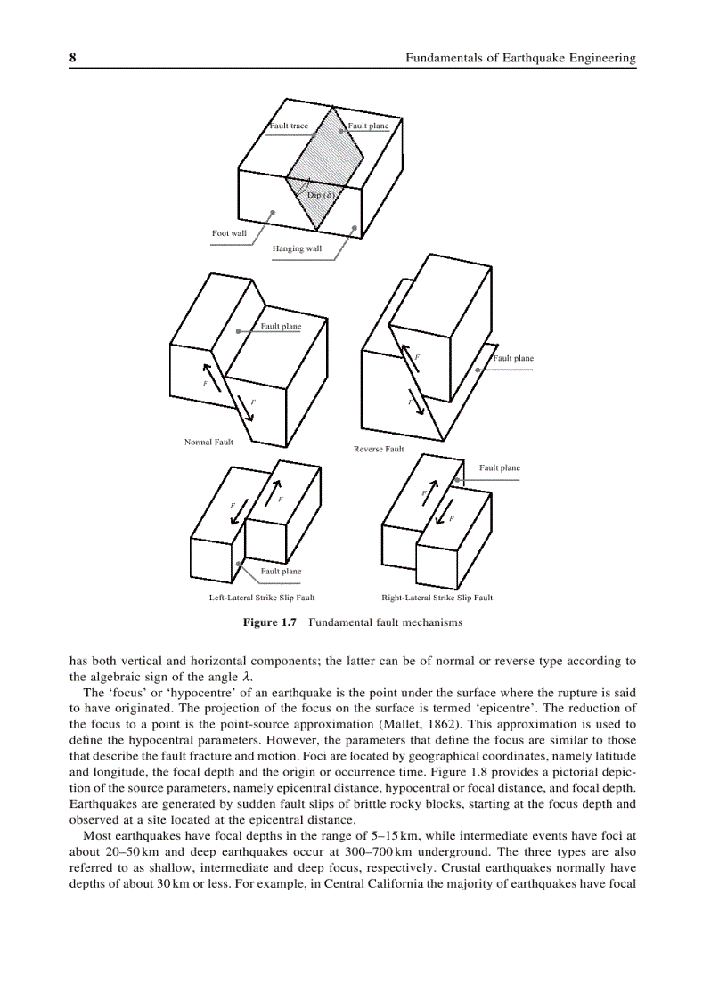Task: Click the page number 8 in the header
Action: [72, 58]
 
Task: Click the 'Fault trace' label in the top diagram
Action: [290, 126]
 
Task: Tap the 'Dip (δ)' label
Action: [320, 195]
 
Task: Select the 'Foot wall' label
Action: [229, 233]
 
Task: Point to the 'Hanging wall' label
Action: [297, 248]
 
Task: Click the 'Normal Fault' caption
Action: [208, 442]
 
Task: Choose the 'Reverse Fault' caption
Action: [379, 449]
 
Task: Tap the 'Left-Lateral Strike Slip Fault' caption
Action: [262, 598]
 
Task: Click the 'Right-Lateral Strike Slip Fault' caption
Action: [437, 598]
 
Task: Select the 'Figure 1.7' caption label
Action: [269, 622]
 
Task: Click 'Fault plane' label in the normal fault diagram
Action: [281, 326]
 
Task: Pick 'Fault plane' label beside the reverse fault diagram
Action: [513, 358]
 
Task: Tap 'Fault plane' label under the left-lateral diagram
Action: [281, 571]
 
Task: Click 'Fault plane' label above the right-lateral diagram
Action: [500, 467]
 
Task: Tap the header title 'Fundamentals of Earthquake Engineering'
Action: [520, 58]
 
